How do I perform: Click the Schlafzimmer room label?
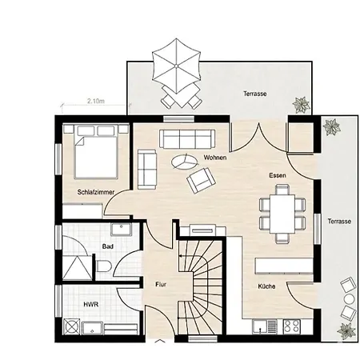96,192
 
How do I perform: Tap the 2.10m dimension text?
96,101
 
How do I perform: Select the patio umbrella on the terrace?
176,66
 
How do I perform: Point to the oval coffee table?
185,162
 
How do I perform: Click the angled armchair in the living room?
201,180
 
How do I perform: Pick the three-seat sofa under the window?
187,139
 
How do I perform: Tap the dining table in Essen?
282,214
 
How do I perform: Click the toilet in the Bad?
103,266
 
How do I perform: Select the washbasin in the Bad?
121,230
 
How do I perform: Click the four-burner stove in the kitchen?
291,326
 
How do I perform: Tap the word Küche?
266,286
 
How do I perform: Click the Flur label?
161,285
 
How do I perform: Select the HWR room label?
91,304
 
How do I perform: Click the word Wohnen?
215,158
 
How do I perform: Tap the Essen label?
278,175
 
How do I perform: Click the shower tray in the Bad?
77,267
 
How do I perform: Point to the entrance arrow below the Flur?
159,341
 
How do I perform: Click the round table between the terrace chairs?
349,299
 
